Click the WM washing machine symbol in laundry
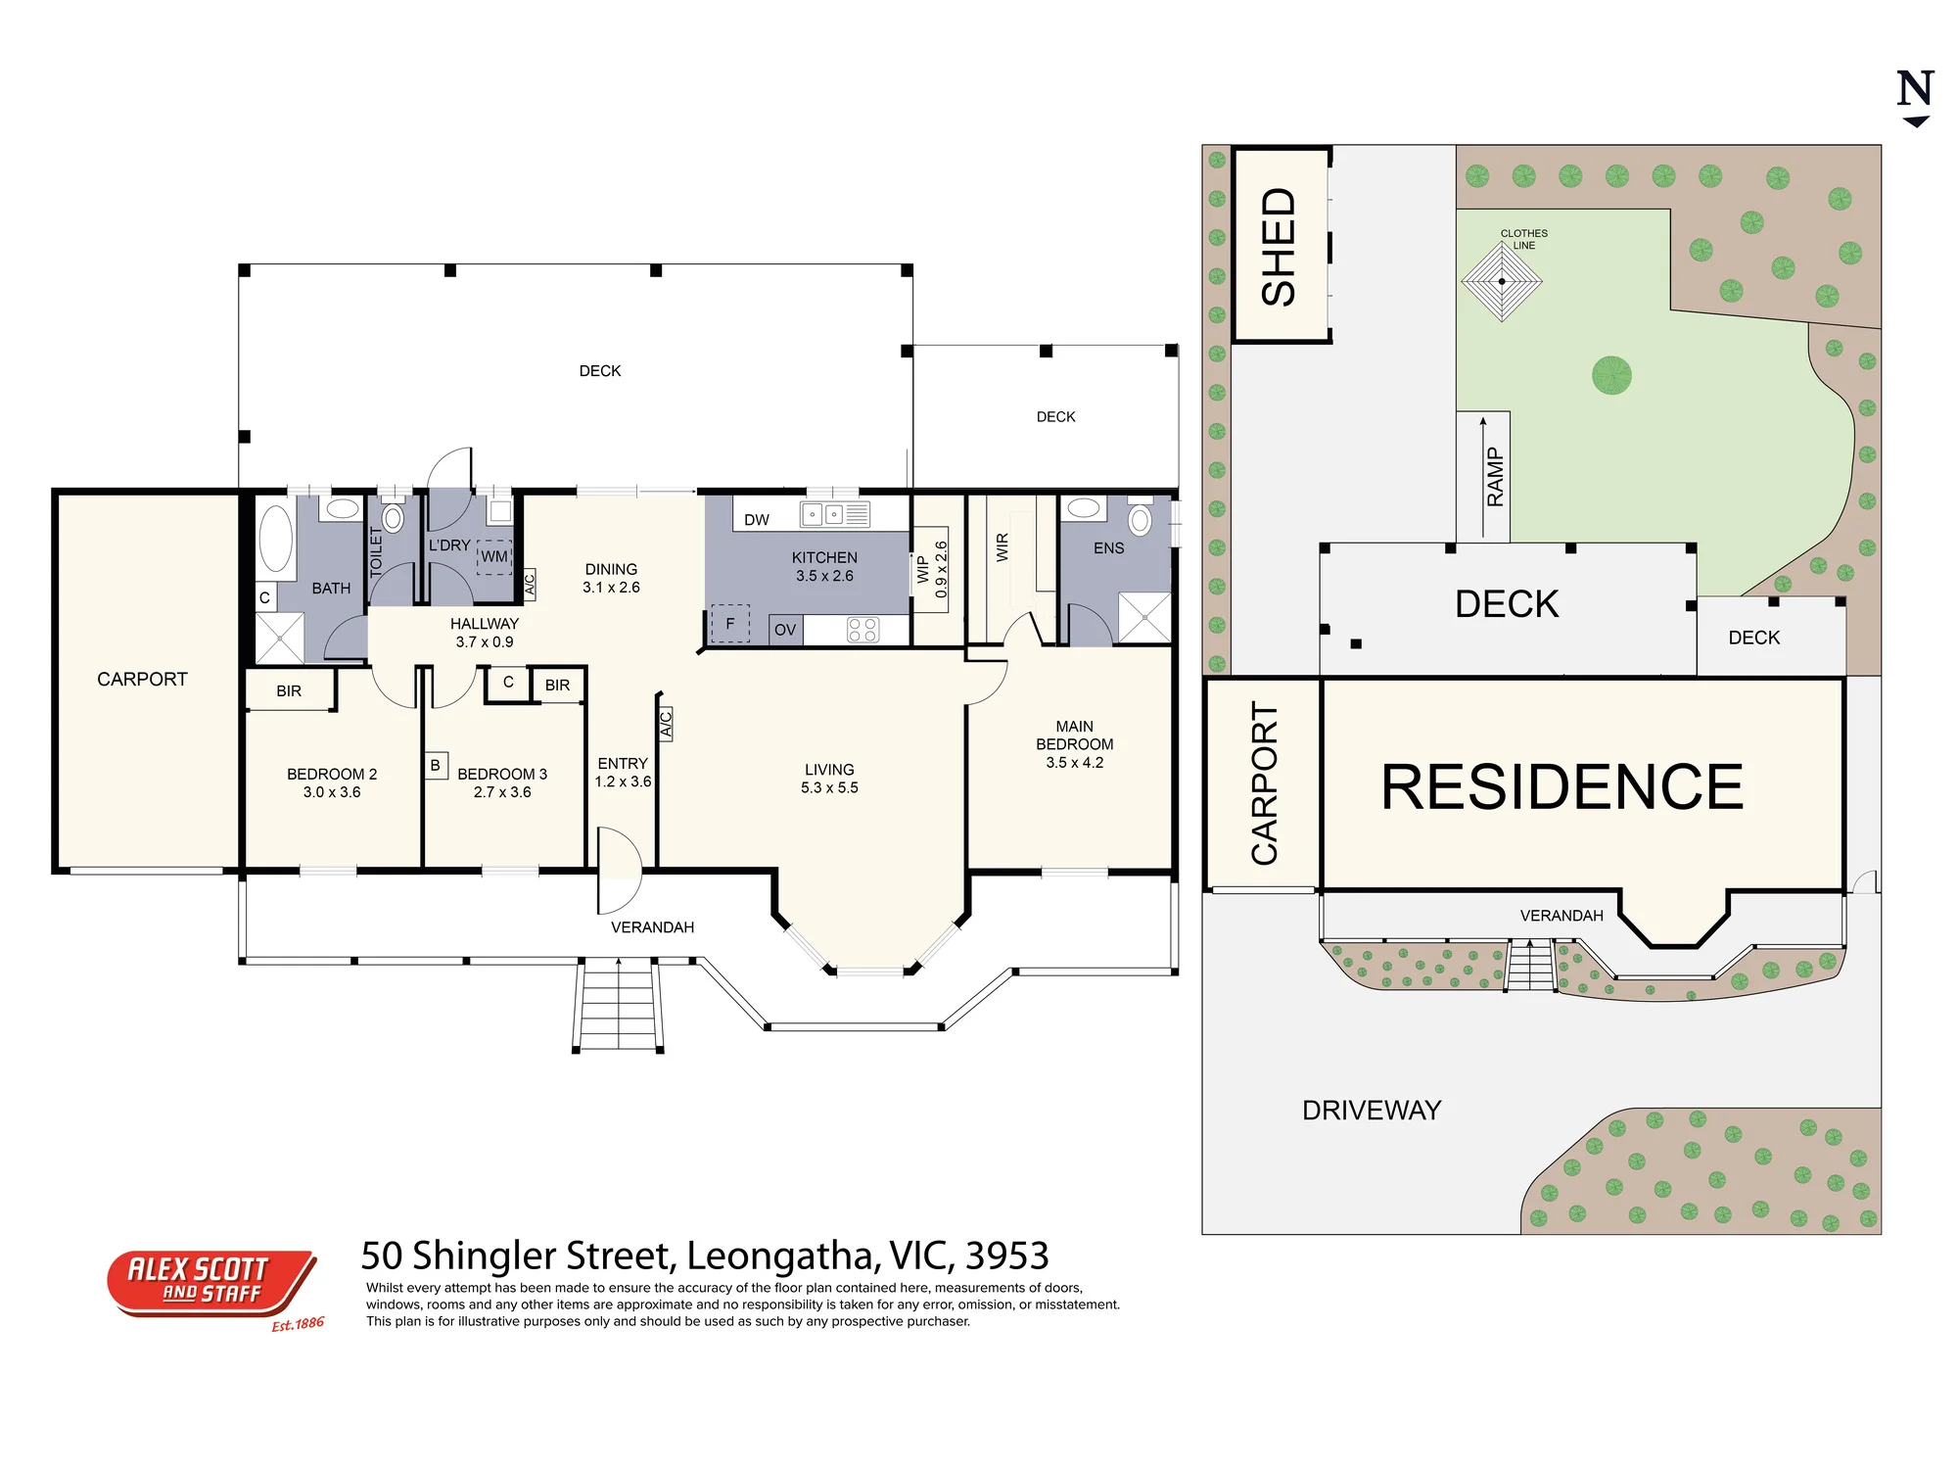(x=494, y=556)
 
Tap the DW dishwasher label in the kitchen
(x=757, y=520)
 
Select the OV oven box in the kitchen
(x=785, y=630)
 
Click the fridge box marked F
(x=729, y=623)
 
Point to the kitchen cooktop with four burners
(x=862, y=630)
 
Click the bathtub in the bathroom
(x=276, y=539)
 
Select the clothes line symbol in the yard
(x=1502, y=281)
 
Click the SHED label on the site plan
(x=1279, y=247)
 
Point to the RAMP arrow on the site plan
(x=1483, y=477)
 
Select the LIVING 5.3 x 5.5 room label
(x=829, y=779)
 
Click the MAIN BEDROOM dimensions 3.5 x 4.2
(x=1074, y=763)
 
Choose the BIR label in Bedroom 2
(x=289, y=691)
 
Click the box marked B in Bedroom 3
(x=436, y=765)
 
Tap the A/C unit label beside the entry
(x=666, y=724)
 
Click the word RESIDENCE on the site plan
(x=1562, y=786)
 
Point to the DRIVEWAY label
(x=1372, y=1111)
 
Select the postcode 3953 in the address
(x=1007, y=1256)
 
